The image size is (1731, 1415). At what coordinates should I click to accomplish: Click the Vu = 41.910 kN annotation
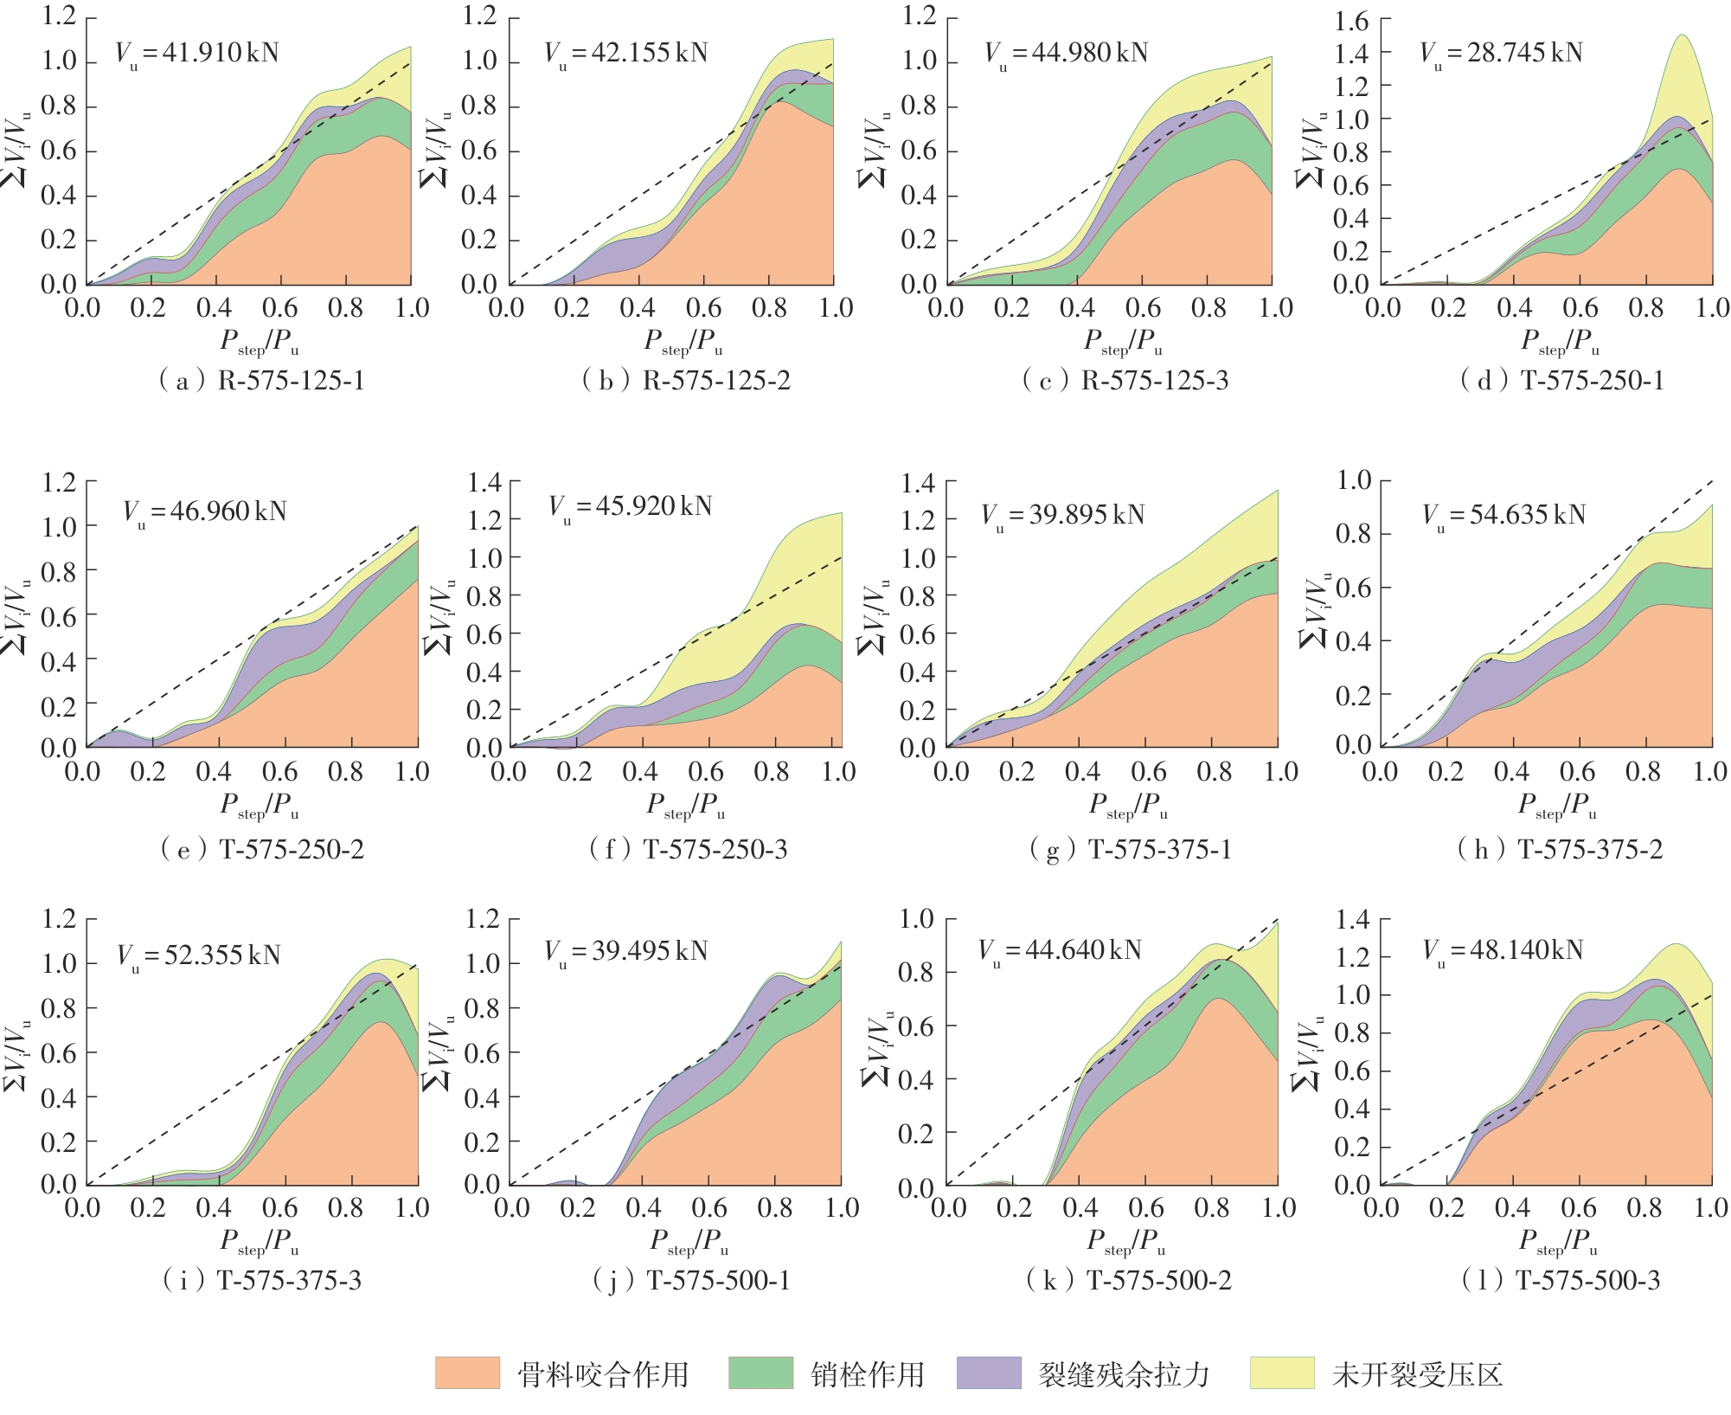tap(197, 54)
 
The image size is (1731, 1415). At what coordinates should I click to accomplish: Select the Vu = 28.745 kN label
tap(1501, 54)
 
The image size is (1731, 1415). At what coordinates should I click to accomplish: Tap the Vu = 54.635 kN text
tap(1504, 516)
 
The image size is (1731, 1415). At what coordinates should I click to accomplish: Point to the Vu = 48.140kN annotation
tap(1503, 951)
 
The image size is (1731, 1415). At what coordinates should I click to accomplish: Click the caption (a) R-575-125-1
tap(262, 381)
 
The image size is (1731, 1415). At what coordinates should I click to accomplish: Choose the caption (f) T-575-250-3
tap(689, 850)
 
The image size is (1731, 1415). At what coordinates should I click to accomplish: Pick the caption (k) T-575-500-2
tap(1129, 1281)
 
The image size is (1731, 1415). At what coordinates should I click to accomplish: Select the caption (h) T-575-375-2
tap(1560, 850)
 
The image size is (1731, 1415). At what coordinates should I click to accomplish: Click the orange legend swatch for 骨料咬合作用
tap(467, 1373)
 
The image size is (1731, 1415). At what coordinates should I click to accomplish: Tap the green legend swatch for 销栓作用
tap(760, 1373)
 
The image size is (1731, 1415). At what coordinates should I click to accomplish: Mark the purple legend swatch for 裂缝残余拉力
tap(989, 1373)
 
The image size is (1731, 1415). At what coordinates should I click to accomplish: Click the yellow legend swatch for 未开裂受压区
tap(1282, 1373)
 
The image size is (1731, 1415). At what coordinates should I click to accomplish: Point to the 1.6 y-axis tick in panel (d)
tap(1351, 21)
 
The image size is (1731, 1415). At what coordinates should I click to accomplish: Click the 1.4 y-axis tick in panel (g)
tap(917, 483)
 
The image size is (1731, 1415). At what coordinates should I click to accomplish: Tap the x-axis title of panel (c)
tap(1124, 343)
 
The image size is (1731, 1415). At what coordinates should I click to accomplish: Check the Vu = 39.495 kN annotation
tap(626, 952)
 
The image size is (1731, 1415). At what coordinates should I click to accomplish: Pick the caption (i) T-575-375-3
tap(262, 1281)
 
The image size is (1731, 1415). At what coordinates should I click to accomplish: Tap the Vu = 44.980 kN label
tap(1067, 54)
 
